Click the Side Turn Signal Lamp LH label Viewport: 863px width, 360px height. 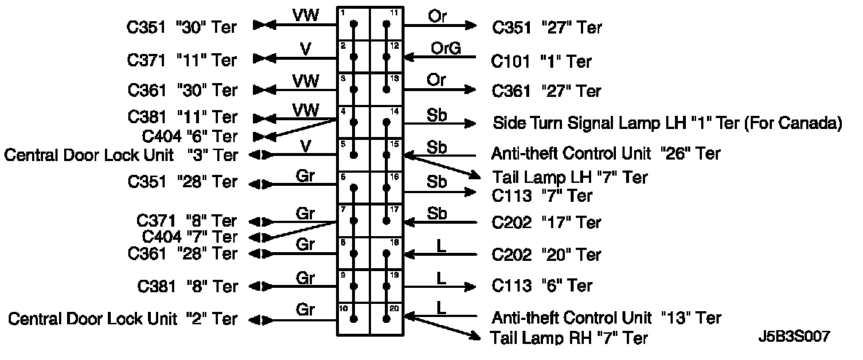point(668,122)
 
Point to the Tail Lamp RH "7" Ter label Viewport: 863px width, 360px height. point(569,337)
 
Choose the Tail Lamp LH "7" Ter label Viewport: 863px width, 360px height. point(569,177)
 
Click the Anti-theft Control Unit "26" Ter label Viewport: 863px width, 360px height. point(606,154)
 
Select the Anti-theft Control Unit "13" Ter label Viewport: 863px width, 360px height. point(606,318)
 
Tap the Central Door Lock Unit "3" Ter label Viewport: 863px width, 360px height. point(121,154)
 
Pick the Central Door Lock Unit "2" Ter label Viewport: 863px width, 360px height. point(122,319)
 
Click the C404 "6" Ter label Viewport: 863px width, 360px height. point(190,136)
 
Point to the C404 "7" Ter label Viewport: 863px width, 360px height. point(190,237)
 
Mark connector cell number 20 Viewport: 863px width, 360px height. point(387,318)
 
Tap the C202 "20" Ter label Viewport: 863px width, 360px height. point(547,255)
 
